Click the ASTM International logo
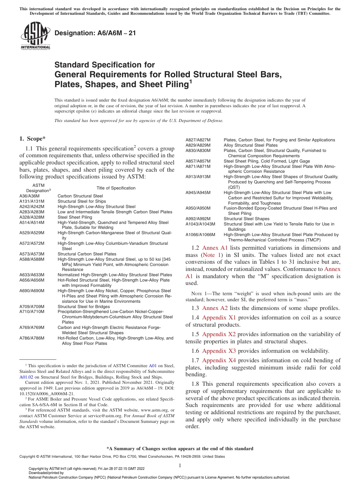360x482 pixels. (35, 36)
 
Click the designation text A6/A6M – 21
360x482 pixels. (95, 33)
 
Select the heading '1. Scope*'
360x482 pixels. (33, 139)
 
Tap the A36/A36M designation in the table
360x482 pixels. (29, 196)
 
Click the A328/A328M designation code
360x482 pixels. (32, 217)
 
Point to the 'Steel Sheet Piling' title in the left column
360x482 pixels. (75, 217)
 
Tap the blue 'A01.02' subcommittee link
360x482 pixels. (27, 377)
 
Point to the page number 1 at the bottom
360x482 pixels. (180, 465)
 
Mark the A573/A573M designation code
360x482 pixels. (32, 254)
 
